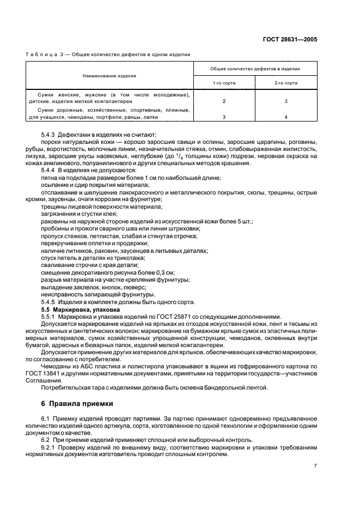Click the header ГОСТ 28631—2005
290,39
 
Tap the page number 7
315,465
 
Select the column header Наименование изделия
109,76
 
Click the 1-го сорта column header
224,83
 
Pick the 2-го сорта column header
285,83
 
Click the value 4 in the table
285,117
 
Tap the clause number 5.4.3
50,135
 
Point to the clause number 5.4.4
50,170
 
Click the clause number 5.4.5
50,302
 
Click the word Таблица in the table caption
41,54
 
